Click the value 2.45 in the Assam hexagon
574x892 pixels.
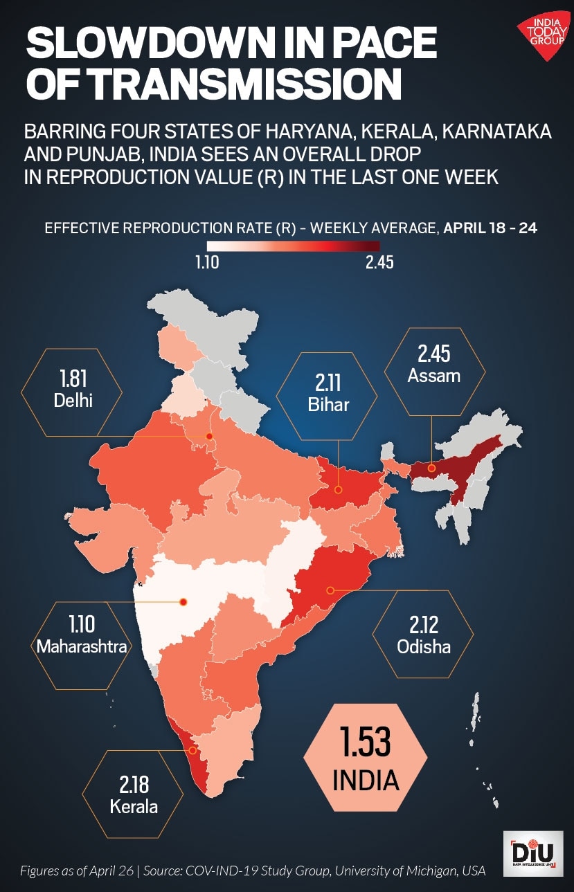click(434, 354)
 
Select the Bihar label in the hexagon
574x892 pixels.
click(328, 404)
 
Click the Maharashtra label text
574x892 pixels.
click(82, 646)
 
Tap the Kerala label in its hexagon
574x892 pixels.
click(134, 806)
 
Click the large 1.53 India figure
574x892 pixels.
click(365, 742)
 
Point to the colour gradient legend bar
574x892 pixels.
click(293, 246)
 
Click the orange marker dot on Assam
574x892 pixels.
click(431, 468)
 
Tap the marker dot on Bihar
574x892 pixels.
click(339, 489)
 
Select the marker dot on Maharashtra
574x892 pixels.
click(183, 602)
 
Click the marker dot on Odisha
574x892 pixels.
click(330, 590)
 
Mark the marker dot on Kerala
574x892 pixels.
click(193, 749)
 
